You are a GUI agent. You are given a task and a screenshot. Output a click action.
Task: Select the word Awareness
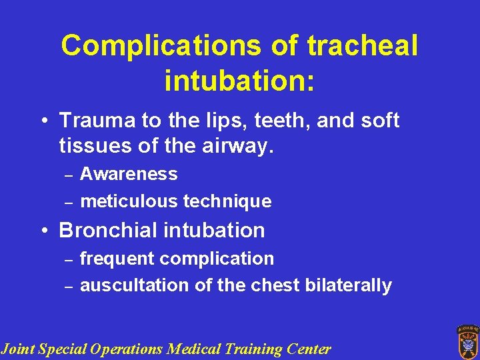129,174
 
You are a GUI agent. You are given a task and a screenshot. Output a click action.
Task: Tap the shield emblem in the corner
467,341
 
